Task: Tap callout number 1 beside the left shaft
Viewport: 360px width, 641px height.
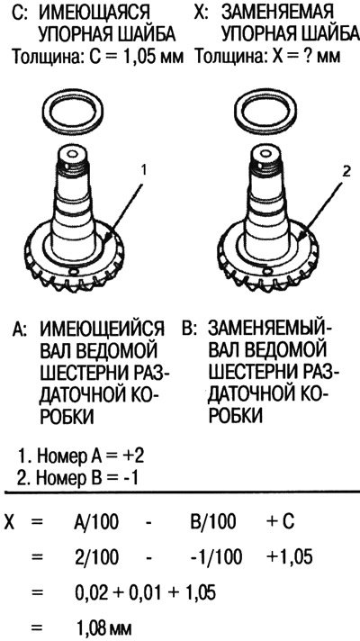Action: [143, 170]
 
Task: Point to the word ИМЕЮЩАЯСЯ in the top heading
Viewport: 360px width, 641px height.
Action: [94, 14]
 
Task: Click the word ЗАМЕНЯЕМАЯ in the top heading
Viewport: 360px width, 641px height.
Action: [277, 14]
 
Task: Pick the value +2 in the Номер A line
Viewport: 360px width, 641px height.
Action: [132, 456]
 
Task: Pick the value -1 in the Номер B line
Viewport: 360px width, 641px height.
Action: [128, 477]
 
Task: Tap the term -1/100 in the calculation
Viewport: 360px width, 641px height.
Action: [216, 556]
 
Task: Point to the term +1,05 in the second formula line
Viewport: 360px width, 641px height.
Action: [289, 557]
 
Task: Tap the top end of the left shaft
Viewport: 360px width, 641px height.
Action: [73, 154]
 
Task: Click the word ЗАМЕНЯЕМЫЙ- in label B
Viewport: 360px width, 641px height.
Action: [271, 329]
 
